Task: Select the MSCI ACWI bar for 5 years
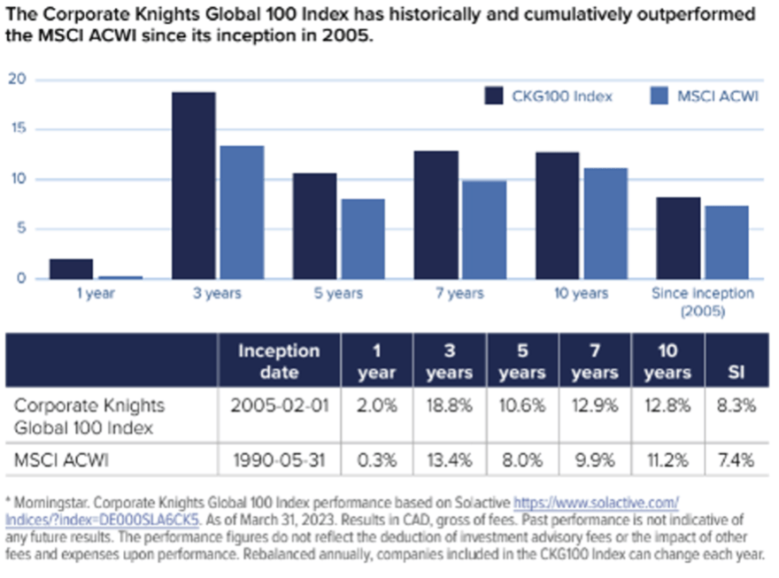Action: click(x=363, y=239)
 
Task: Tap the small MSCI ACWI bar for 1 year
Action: click(x=120, y=277)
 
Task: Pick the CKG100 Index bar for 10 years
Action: click(x=558, y=215)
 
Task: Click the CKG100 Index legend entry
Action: click(x=548, y=96)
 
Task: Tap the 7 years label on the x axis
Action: click(x=459, y=293)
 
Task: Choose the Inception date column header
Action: click(x=279, y=361)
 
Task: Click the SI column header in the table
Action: click(x=735, y=373)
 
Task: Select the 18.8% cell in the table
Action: click(x=448, y=405)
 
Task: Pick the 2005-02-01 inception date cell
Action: click(x=279, y=405)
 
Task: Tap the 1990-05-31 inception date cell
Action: click(x=279, y=459)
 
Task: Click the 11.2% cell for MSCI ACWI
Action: click(x=667, y=459)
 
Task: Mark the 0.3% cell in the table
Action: click(x=375, y=459)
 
